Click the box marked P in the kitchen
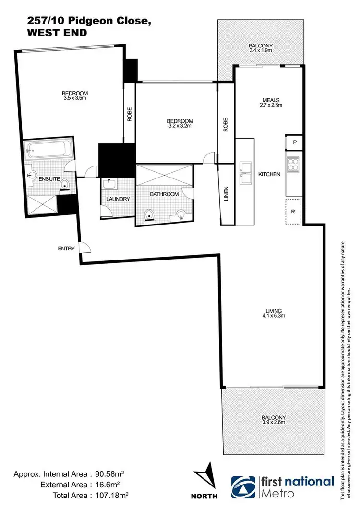pyautogui.click(x=294, y=142)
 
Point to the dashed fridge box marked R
pyautogui.click(x=293, y=211)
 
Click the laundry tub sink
pyautogui.click(x=110, y=184)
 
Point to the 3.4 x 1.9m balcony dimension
pyautogui.click(x=261, y=50)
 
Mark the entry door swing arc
pyautogui.click(x=85, y=248)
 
